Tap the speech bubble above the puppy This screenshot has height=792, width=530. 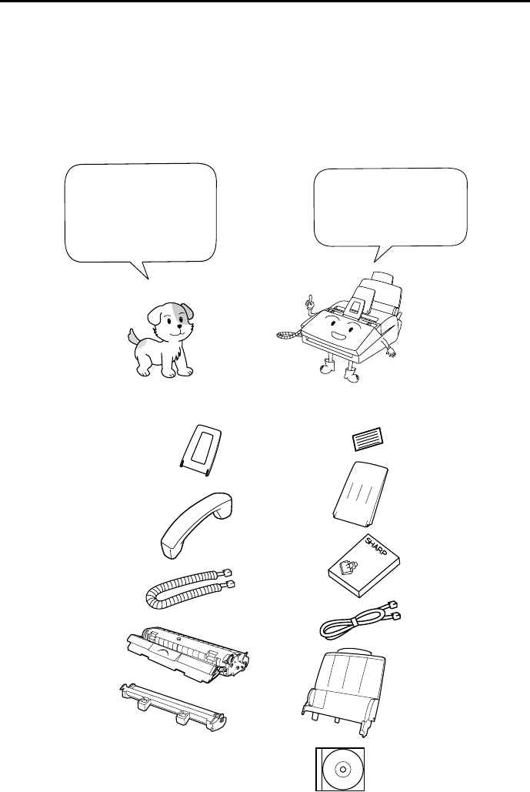[x=141, y=213]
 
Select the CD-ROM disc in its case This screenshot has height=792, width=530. [x=340, y=769]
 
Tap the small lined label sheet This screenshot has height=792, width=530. [x=367, y=439]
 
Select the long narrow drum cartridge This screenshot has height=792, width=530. [x=172, y=707]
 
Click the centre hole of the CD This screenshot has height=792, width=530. [x=342, y=769]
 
